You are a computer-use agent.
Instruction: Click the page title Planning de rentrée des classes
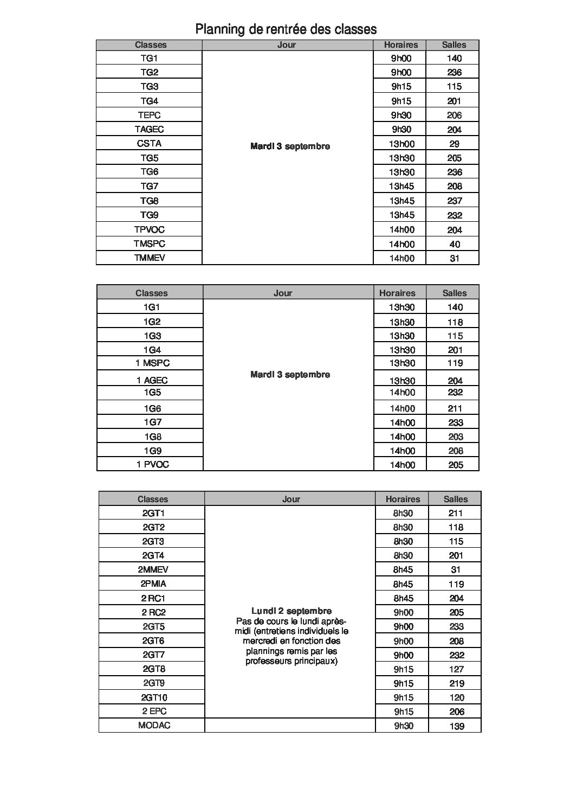pos(286,29)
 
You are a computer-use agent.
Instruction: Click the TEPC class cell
pos(149,115)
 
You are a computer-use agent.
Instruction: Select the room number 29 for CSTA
pos(454,144)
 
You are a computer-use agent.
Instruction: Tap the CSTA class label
pos(149,144)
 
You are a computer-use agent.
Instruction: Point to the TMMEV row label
pos(149,258)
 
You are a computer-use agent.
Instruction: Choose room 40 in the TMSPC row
pos(454,244)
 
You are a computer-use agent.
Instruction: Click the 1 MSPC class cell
pos(152,363)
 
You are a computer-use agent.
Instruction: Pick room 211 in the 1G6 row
pos(455,408)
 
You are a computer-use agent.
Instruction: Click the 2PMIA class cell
pos(153,584)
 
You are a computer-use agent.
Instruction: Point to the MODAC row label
pos(154,726)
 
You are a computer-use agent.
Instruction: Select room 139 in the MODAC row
pos(456,726)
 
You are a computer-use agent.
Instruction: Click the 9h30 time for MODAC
pos(403,726)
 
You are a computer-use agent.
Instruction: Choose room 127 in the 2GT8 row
pos(456,669)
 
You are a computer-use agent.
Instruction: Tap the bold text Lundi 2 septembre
pos(292,611)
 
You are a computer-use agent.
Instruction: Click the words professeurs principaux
pos(292,661)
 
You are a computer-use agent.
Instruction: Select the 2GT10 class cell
pos(154,697)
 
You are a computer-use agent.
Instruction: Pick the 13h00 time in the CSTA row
pos(401,144)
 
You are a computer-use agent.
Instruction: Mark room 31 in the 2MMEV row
pos(456,569)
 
